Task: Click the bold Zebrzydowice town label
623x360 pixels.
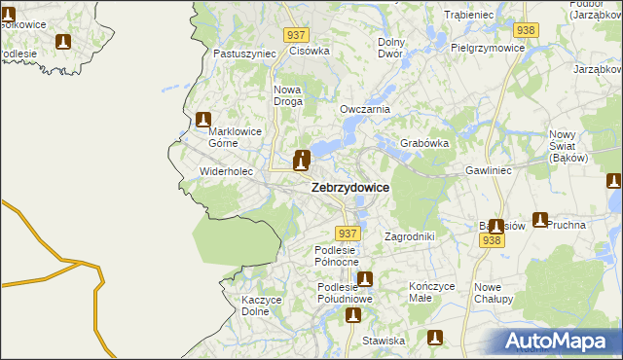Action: click(x=350, y=188)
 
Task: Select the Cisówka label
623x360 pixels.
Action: click(x=311, y=51)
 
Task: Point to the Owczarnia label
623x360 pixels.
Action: click(x=365, y=109)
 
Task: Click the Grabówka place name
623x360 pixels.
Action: click(x=423, y=143)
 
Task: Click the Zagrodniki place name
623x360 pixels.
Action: click(x=409, y=236)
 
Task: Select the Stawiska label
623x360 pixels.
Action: click(x=383, y=341)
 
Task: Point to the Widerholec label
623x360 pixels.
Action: click(x=226, y=171)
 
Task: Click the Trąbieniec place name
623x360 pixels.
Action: click(x=470, y=15)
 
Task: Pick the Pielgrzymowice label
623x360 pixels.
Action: click(x=488, y=46)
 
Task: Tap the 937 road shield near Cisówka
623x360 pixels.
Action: click(x=298, y=34)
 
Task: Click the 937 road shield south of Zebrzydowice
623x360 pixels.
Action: click(x=348, y=234)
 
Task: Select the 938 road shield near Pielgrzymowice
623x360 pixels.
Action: click(x=527, y=30)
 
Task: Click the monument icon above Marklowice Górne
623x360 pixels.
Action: click(x=203, y=121)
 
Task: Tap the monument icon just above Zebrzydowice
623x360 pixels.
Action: click(x=303, y=159)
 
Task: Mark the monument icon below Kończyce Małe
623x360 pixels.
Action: click(x=436, y=338)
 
